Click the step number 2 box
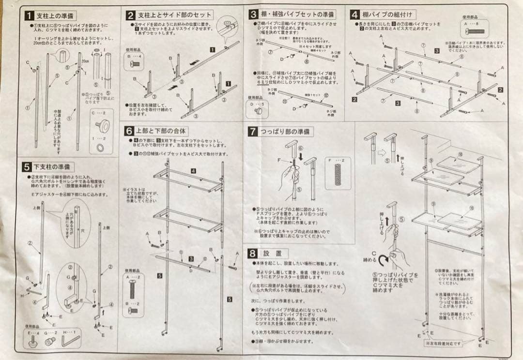pyautogui.click(x=130, y=15)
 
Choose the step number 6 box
pyautogui.click(x=129, y=131)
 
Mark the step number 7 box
pyautogui.click(x=252, y=131)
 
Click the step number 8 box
pyautogui.click(x=252, y=253)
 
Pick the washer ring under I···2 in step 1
pyautogui.click(x=100, y=146)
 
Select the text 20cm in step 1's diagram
pyautogui.click(x=85, y=61)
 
